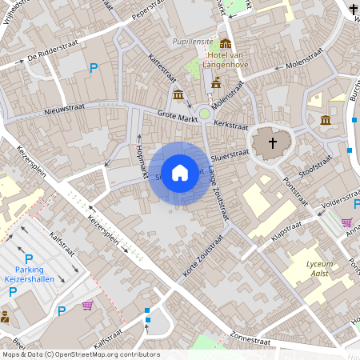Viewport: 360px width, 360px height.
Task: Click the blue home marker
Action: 180,171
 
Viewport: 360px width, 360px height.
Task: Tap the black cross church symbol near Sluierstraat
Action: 272,143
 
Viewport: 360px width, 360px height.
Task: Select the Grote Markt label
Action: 176,114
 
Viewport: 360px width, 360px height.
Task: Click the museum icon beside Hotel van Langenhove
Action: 226,43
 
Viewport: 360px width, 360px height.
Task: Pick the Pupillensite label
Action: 192,41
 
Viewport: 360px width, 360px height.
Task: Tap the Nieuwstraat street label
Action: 64,110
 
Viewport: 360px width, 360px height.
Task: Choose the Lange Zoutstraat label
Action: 218,191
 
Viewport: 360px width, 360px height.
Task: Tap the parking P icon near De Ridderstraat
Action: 94,69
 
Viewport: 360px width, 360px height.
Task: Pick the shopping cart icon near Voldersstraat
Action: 346,222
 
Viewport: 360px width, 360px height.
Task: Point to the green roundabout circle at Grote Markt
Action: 205,114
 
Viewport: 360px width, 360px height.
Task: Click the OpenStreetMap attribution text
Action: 80,354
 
